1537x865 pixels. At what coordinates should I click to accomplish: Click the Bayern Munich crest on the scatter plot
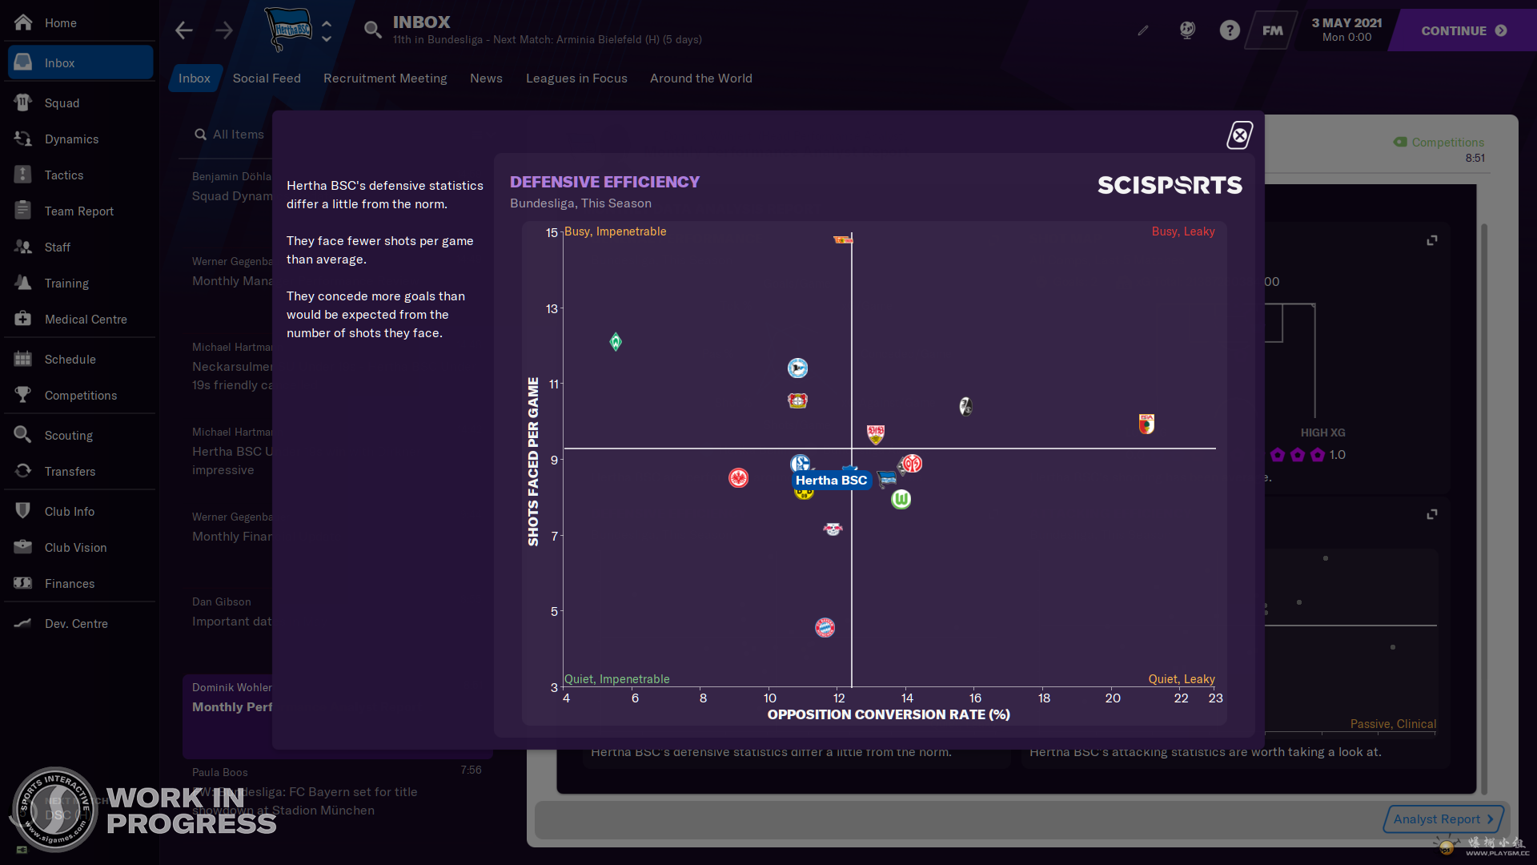click(825, 627)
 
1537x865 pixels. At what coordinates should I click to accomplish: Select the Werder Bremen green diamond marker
click(616, 342)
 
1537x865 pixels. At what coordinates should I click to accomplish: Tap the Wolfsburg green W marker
click(901, 499)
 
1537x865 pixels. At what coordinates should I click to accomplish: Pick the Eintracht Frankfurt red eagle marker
click(738, 478)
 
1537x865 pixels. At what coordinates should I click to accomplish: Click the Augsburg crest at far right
click(1146, 424)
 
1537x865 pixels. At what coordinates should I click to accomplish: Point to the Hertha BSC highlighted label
click(831, 481)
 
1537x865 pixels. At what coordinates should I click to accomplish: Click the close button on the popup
click(1239, 135)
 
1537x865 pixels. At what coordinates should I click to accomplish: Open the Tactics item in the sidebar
click(64, 175)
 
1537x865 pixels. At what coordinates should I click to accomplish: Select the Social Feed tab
click(267, 78)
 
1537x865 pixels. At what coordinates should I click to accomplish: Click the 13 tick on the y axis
click(552, 308)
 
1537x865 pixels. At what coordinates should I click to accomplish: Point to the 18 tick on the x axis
click(1044, 698)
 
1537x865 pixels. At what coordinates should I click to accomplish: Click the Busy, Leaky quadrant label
click(1182, 231)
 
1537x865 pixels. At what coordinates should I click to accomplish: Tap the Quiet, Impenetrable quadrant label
click(616, 679)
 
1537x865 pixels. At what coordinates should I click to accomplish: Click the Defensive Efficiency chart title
click(604, 182)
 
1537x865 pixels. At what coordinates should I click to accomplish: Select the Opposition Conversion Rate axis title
click(888, 714)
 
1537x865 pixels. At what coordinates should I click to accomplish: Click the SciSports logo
click(1170, 186)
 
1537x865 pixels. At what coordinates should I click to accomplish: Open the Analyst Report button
click(1443, 819)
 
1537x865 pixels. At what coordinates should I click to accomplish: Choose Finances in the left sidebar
click(70, 584)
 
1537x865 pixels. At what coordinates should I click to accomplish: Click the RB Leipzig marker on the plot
click(833, 529)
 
